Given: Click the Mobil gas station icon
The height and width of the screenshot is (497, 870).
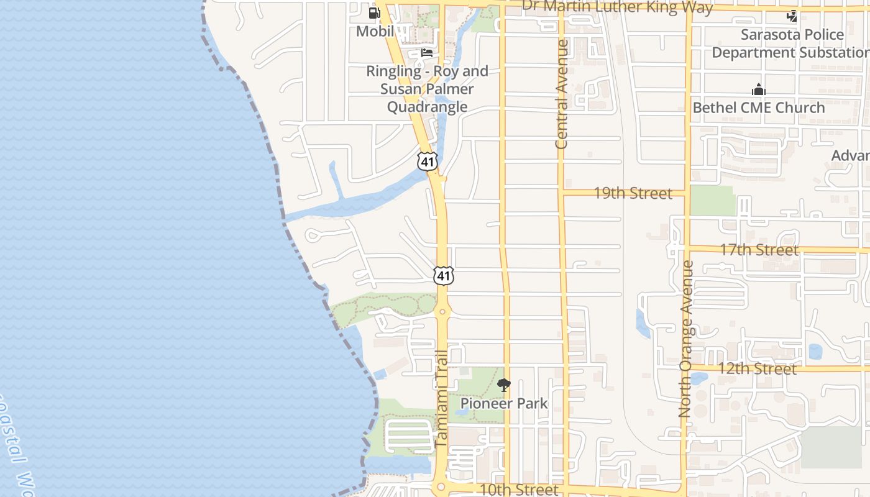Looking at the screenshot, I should pyautogui.click(x=374, y=13).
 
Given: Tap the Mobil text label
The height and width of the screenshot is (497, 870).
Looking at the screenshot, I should pyautogui.click(x=375, y=31).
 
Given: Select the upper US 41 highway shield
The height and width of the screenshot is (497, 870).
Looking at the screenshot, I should pyautogui.click(x=428, y=161).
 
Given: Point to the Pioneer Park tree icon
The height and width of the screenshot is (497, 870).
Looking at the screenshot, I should pyautogui.click(x=504, y=385).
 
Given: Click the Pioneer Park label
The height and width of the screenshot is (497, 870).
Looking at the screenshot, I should pyautogui.click(x=504, y=403).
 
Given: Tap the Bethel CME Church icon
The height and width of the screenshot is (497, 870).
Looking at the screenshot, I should pyautogui.click(x=758, y=90).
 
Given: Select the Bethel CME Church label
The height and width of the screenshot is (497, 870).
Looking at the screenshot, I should pyautogui.click(x=759, y=107).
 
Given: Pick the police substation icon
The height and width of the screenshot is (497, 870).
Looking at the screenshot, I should pyautogui.click(x=792, y=16).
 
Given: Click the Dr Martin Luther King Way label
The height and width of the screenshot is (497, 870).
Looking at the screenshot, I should pyautogui.click(x=617, y=7).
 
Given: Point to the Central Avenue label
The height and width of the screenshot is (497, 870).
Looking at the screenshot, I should pyautogui.click(x=562, y=94).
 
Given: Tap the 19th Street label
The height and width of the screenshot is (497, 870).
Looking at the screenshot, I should pyautogui.click(x=633, y=193).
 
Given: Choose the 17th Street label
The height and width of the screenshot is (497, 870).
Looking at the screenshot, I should pyautogui.click(x=759, y=250).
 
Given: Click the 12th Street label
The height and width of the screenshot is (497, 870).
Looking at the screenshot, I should pyautogui.click(x=757, y=368).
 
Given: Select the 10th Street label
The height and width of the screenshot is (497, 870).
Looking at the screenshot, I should pyautogui.click(x=519, y=490).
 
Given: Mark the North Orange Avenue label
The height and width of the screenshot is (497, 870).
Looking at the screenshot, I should pyautogui.click(x=685, y=339).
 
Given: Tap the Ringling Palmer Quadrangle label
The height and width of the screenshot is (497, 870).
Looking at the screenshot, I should pyautogui.click(x=427, y=89).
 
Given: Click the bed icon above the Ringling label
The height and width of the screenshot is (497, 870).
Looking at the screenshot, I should pyautogui.click(x=427, y=52).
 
